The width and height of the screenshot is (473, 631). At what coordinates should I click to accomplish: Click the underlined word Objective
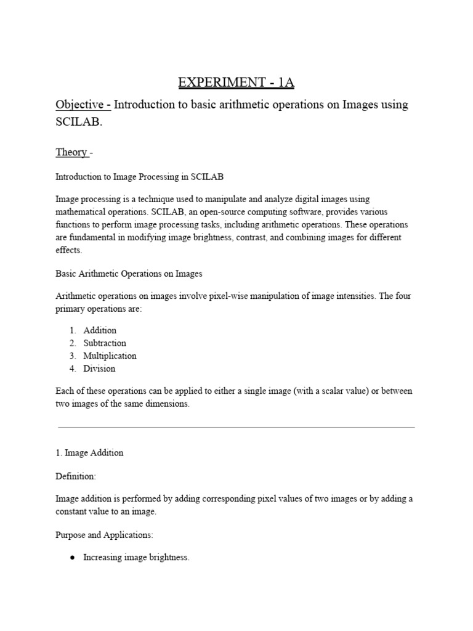click(82, 105)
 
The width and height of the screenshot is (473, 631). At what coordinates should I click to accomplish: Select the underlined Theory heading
click(71, 152)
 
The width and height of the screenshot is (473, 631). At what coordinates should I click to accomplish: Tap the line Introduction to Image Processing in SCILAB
click(139, 177)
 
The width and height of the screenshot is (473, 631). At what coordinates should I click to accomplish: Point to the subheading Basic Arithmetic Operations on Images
click(129, 273)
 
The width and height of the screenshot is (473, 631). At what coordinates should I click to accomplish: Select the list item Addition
click(100, 330)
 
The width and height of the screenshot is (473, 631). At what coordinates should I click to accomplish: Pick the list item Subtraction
click(105, 343)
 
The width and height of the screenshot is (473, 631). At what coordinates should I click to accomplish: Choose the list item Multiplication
click(110, 356)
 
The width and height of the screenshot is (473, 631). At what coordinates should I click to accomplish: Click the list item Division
click(99, 369)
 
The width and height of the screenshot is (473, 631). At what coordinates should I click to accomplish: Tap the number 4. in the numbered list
click(73, 369)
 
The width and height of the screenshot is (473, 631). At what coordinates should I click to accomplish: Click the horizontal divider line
click(236, 426)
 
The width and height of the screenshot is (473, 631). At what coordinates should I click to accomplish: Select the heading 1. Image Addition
click(89, 453)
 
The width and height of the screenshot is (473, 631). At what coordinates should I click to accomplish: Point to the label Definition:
click(76, 477)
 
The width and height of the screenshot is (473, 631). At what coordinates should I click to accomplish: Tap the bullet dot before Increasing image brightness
click(73, 558)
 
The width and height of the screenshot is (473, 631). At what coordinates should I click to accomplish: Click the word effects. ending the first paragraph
click(68, 251)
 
